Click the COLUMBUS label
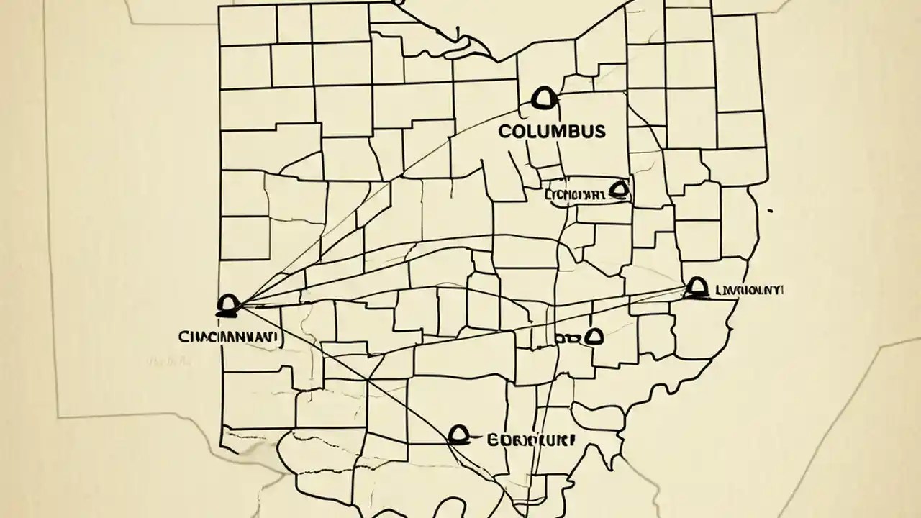[x=551, y=132]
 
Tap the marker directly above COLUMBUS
[x=543, y=98]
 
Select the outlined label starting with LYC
[x=576, y=195]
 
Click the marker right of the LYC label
[x=619, y=190]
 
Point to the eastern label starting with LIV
[x=748, y=290]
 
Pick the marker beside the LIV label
[x=694, y=288]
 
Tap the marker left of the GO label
[x=459, y=434]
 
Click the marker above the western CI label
[x=228, y=306]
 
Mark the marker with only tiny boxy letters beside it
[x=594, y=336]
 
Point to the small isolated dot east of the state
[x=771, y=212]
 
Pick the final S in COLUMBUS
[x=599, y=132]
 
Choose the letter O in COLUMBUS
[x=517, y=132]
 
